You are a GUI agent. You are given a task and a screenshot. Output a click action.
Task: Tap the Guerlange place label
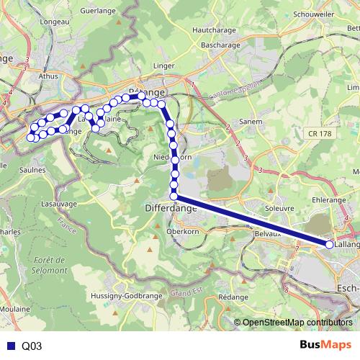(97, 11)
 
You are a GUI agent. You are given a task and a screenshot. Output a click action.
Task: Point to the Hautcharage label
(215, 30)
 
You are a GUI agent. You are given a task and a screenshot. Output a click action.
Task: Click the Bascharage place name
(220, 45)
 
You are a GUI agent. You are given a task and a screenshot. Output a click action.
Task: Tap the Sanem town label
(251, 122)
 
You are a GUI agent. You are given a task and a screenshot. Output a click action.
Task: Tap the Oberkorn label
(182, 231)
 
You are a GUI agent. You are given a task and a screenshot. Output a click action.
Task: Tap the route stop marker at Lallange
(330, 245)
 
